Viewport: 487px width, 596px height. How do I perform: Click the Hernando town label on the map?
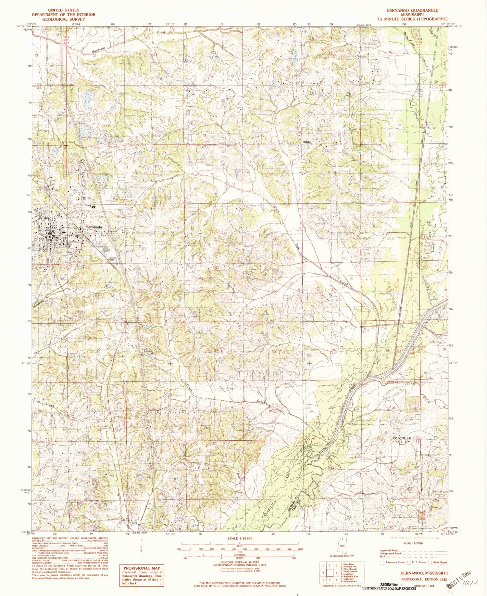pos(94,227)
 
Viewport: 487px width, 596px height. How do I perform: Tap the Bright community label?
pos(307,142)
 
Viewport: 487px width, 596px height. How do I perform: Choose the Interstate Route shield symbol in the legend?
pos(382,562)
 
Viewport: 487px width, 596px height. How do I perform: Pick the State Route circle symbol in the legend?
pos(430,563)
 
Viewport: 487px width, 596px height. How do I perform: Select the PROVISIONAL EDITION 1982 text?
pos(425,579)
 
